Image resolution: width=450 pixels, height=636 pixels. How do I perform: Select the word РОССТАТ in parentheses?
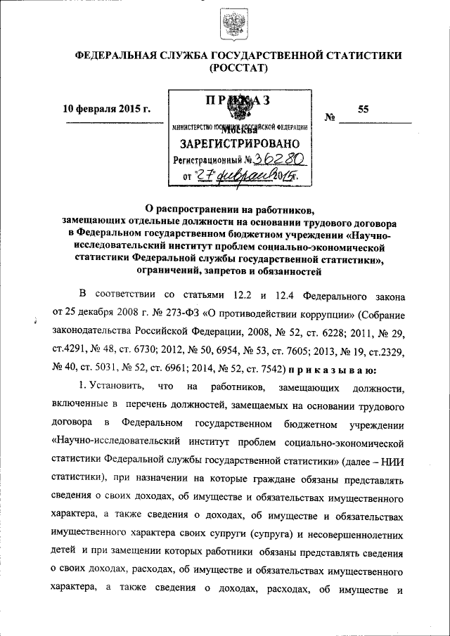coord(233,68)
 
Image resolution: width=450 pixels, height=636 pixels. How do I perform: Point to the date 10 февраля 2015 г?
coord(107,109)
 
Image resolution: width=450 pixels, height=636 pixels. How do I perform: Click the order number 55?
coord(363,109)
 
